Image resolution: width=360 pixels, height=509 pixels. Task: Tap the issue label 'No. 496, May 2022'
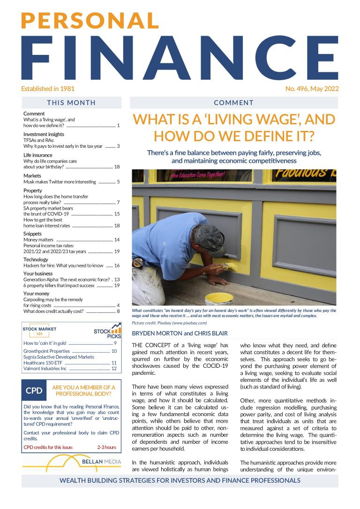coord(312,88)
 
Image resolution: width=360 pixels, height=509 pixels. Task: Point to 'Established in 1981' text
coord(48,88)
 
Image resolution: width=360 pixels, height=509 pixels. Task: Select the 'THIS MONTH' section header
coord(71,103)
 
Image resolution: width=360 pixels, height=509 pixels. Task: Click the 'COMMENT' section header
coord(233,103)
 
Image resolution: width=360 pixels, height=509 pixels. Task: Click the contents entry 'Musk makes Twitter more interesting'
coord(60,182)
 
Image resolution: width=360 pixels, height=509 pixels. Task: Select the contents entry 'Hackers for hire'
coord(63,266)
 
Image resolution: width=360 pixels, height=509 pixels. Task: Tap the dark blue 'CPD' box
coord(34,391)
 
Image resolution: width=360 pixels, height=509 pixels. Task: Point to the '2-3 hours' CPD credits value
coord(106,447)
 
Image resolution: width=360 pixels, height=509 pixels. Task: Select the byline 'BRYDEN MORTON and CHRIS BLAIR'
coord(180,334)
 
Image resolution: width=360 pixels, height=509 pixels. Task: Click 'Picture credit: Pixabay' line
coord(169,323)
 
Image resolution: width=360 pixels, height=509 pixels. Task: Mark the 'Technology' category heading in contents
coord(36,259)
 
